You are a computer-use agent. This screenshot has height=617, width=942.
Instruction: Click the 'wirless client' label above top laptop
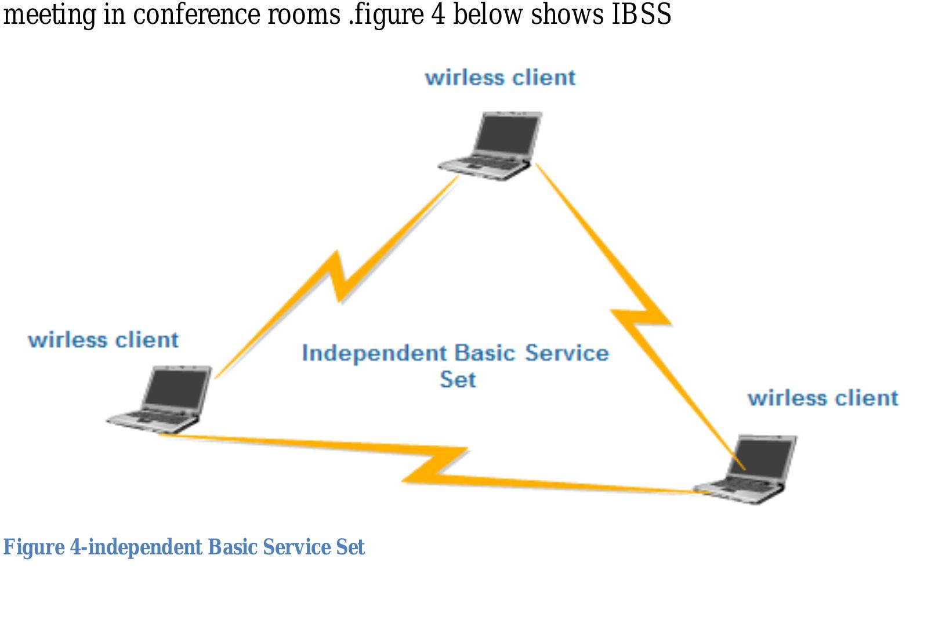[x=500, y=78]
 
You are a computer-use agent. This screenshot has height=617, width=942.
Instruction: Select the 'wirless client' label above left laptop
[x=103, y=340]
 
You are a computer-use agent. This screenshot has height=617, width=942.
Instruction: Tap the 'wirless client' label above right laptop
[x=823, y=398]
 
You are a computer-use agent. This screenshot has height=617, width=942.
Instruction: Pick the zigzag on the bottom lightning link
[x=435, y=464]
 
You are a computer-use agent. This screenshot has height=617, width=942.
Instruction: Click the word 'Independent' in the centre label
[x=375, y=353]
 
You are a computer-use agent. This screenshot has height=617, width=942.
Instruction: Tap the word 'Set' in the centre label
[x=458, y=380]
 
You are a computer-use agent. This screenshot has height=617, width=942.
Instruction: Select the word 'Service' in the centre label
[x=567, y=353]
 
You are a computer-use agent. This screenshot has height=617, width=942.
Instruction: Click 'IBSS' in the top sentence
[x=641, y=14]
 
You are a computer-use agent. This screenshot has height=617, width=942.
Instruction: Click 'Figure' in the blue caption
[x=34, y=547]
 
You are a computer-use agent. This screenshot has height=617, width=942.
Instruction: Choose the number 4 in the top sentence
[x=438, y=14]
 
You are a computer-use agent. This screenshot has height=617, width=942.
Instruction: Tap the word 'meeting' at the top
[x=49, y=15]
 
